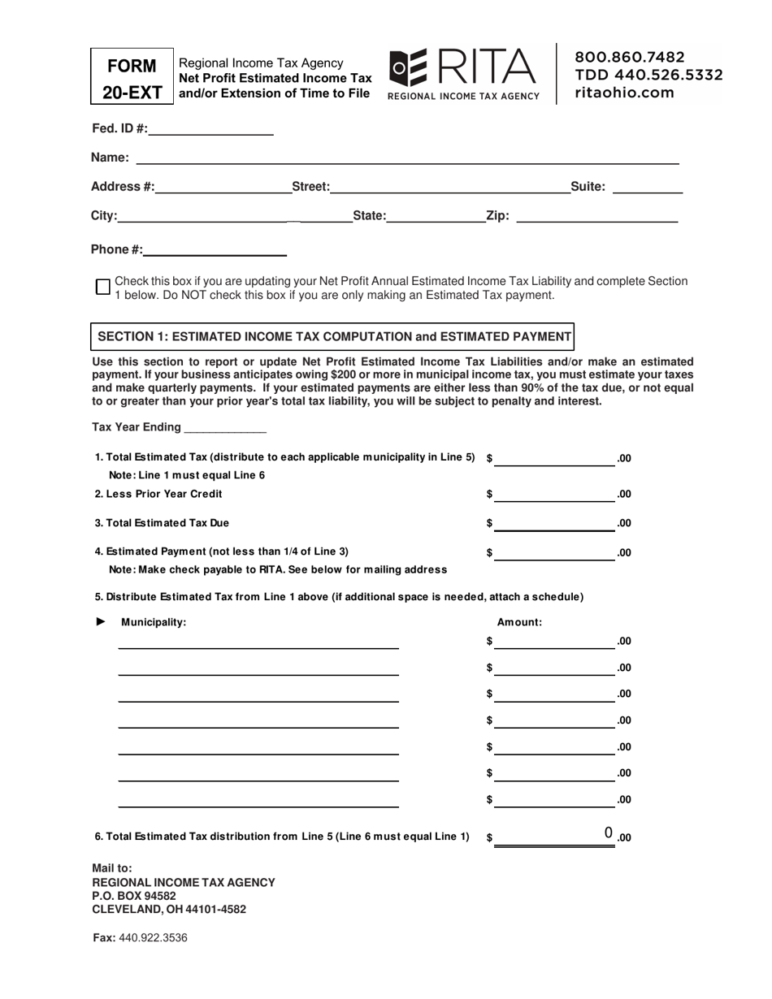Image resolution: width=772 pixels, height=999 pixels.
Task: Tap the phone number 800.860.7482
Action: [630, 57]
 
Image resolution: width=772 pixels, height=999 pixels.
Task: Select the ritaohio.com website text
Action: [624, 93]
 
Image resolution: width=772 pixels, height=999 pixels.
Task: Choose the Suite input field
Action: [647, 187]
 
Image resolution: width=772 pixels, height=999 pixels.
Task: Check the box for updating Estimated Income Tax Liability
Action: [103, 287]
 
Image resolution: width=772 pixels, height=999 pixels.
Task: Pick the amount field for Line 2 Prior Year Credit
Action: [554, 494]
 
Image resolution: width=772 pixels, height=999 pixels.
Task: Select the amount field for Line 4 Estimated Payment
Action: [554, 553]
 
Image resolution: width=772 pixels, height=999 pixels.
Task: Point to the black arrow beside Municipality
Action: [102, 621]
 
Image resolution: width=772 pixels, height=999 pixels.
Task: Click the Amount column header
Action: [519, 622]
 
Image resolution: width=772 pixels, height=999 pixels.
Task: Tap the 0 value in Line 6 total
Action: [608, 832]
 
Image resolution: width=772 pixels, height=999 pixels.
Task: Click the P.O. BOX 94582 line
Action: [134, 896]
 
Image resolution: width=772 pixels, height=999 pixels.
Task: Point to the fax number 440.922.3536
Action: [153, 937]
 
